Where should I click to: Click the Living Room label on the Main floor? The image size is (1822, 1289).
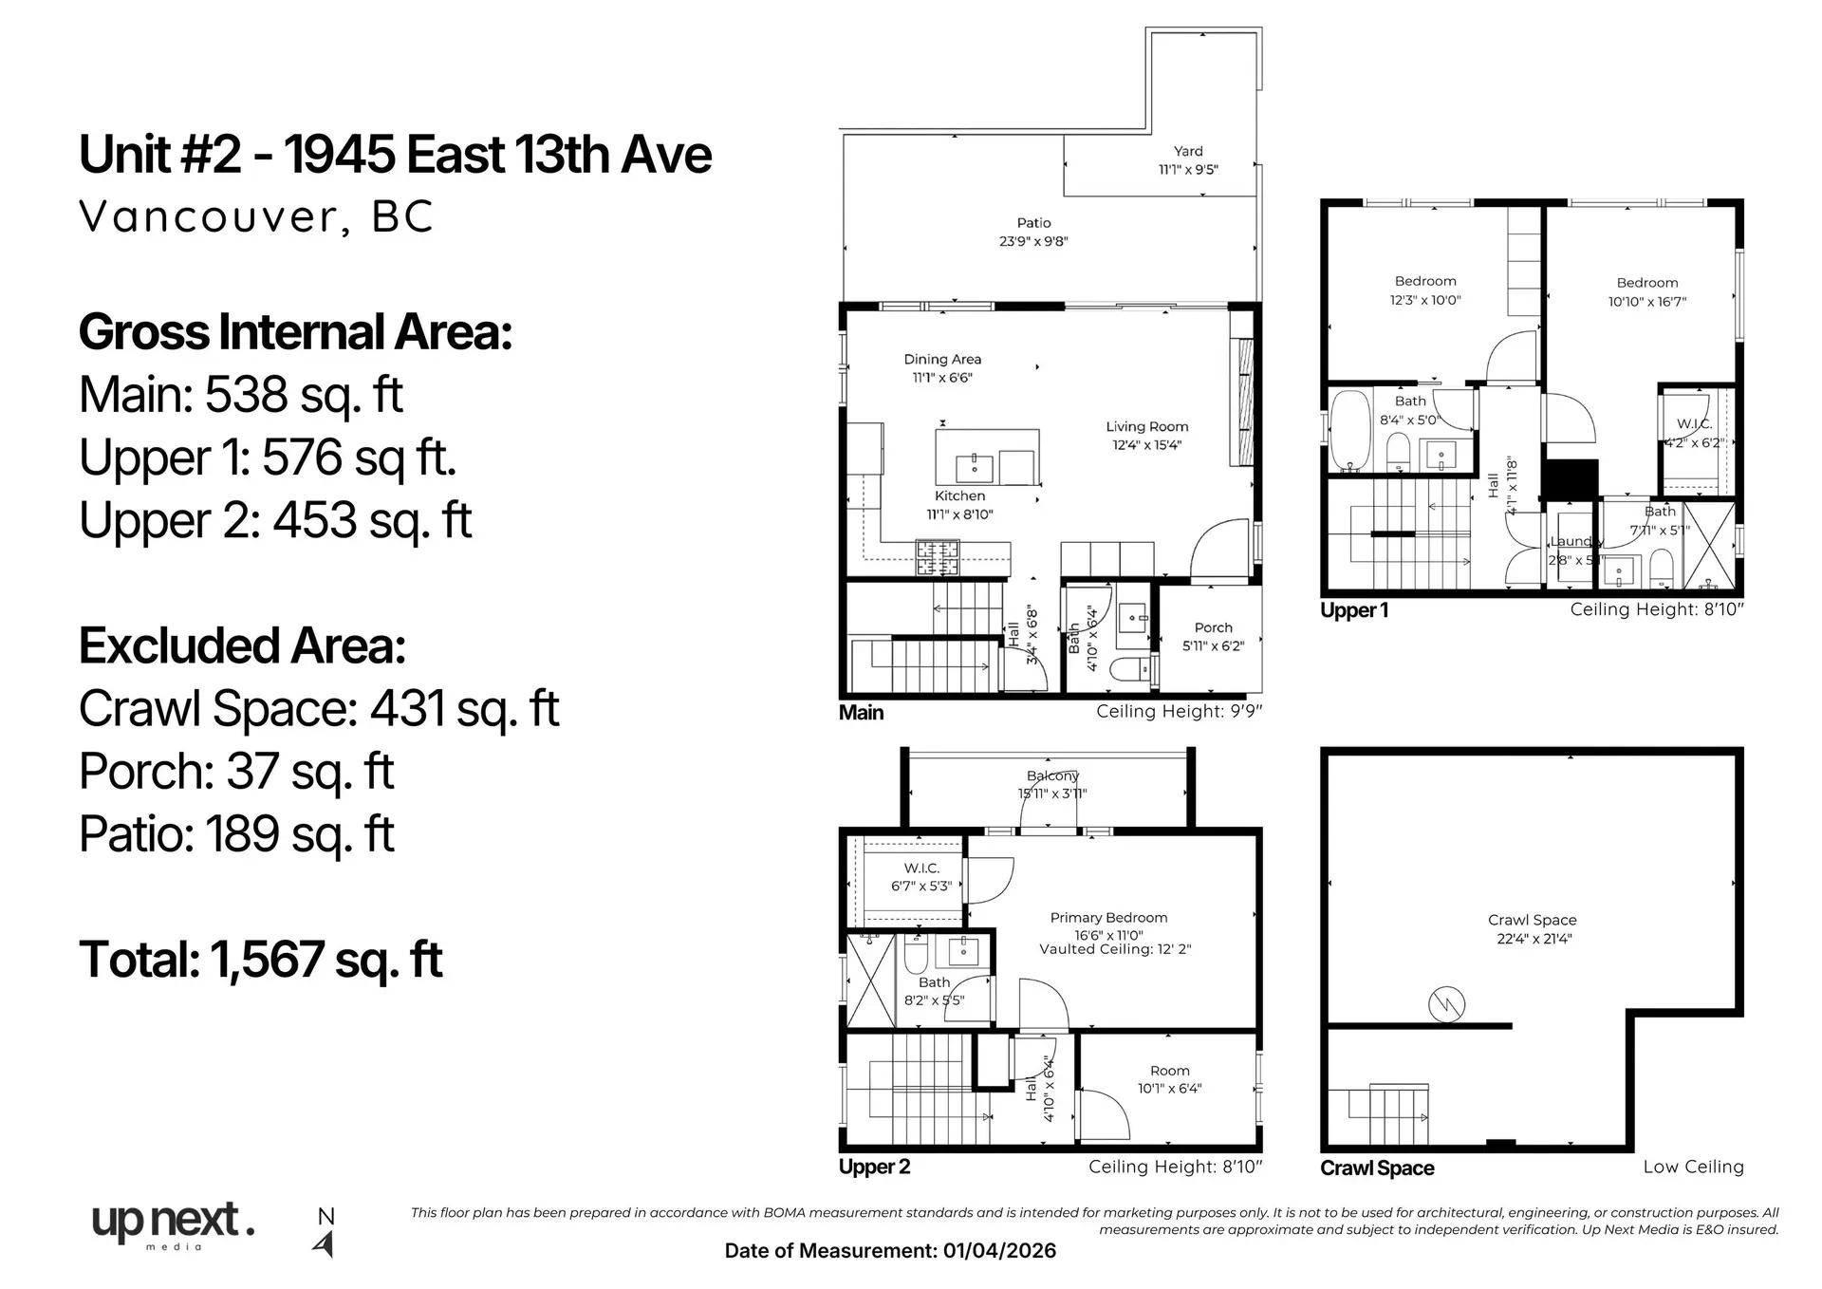(1146, 427)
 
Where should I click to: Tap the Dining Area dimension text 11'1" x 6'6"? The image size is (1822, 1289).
(941, 378)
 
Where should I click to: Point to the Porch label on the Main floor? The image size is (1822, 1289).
(1213, 627)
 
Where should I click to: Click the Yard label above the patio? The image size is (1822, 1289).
(1187, 151)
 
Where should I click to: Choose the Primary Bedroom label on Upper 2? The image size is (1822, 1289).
(1108, 918)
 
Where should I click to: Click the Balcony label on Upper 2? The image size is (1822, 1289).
(1052, 775)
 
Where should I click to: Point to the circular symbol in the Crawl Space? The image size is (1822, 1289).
(1446, 1004)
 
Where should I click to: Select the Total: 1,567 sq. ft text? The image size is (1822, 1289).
(261, 960)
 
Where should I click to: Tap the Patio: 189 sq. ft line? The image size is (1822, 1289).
(236, 834)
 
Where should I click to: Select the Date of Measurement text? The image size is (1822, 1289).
(889, 1251)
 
